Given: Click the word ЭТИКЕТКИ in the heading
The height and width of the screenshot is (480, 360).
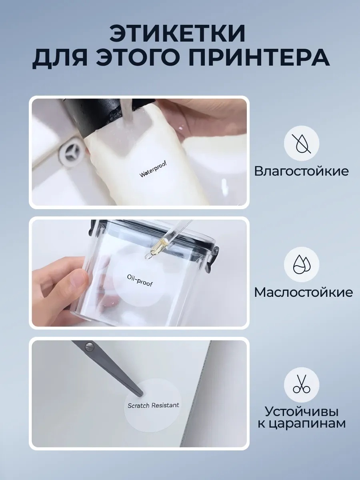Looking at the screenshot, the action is [x=177, y=34].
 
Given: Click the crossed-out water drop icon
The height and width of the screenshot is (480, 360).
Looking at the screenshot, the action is [x=302, y=143].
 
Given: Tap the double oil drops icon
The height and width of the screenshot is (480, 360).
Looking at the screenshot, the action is [x=302, y=264].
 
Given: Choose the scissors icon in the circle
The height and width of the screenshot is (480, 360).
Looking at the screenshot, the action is [x=302, y=385].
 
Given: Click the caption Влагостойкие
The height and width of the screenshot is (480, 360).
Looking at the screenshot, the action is [x=302, y=171].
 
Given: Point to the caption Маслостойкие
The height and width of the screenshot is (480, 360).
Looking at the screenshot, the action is [x=303, y=292].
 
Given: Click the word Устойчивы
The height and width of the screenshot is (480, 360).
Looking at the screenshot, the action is [x=302, y=412].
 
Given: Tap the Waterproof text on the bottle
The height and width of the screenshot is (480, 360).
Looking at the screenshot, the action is [x=153, y=170].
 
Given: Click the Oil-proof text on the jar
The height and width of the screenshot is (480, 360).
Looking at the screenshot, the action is [x=140, y=280].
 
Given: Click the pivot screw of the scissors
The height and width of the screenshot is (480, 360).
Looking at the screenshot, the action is [x=89, y=347].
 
